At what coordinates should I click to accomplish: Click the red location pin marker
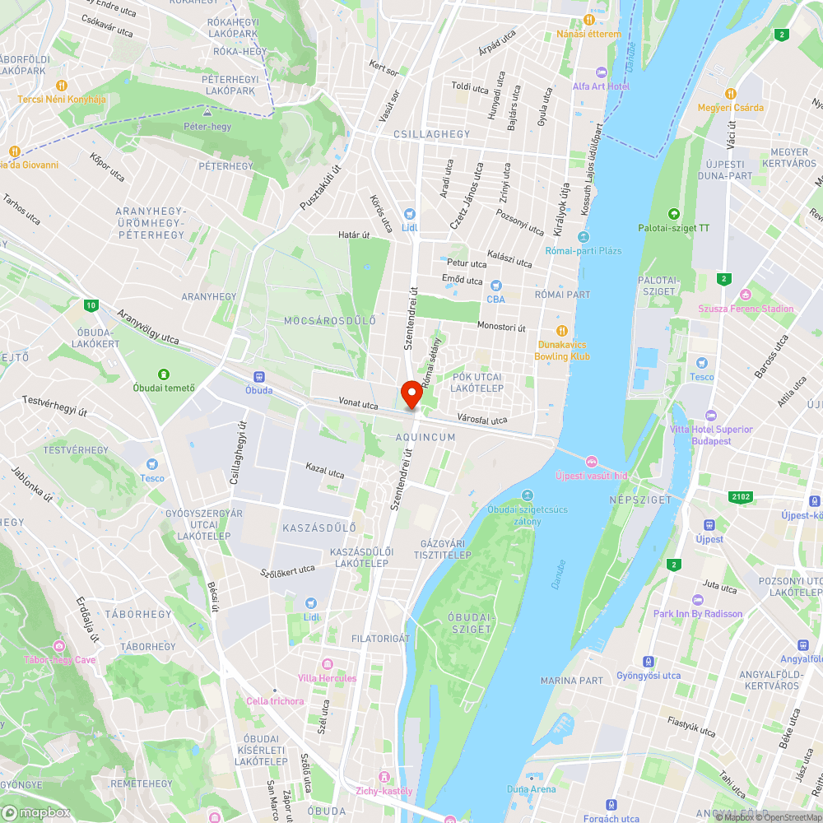pos(410,394)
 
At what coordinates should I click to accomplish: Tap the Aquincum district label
pos(425,437)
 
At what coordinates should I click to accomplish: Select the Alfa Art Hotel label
pos(602,86)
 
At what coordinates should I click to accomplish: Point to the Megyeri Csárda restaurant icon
pos(730,93)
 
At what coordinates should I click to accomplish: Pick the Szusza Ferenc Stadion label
pos(746,309)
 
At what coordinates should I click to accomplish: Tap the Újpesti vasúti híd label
pos(591,475)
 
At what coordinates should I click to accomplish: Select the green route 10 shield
pos(89,306)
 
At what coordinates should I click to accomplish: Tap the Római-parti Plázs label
pos(583,250)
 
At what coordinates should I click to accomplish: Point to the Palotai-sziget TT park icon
pos(674,213)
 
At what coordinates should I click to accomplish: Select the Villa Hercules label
pos(328,677)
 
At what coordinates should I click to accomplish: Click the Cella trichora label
pos(275,701)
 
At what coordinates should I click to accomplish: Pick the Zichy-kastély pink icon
pos(383,776)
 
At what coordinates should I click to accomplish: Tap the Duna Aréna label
pos(532,789)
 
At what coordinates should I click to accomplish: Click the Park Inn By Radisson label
pos(698,613)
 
